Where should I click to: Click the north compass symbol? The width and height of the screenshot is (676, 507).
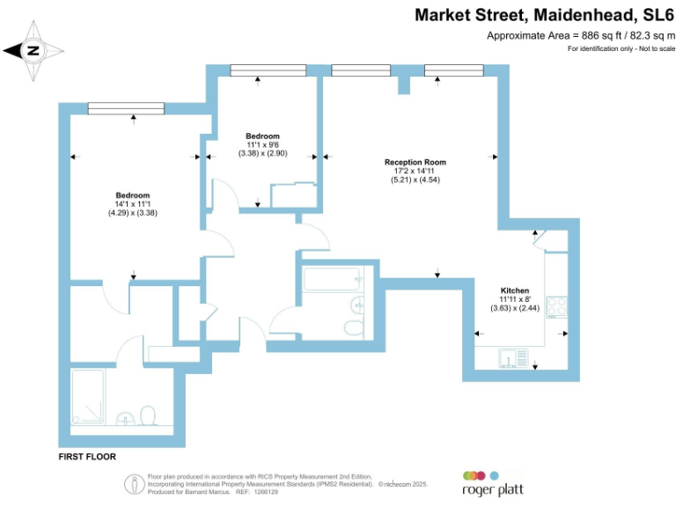(33, 50)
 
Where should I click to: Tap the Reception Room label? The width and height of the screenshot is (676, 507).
(415, 162)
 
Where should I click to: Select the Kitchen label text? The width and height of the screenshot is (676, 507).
(514, 290)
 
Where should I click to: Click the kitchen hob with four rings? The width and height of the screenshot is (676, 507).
(557, 306)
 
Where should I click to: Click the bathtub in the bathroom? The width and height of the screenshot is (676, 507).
(331, 281)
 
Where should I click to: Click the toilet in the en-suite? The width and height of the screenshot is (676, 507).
(148, 415)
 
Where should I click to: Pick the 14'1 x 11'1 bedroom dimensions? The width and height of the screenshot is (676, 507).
(133, 204)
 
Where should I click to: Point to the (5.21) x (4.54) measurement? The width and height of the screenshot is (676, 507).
(415, 180)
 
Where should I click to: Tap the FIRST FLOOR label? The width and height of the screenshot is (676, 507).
(87, 458)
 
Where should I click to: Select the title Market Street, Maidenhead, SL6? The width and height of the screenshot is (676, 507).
(544, 15)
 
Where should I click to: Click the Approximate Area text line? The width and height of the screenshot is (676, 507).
(581, 35)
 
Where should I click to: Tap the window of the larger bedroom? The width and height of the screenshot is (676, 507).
(126, 107)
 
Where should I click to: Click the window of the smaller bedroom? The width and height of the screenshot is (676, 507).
(268, 70)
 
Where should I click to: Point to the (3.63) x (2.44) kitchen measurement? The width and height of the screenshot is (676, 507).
(514, 308)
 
